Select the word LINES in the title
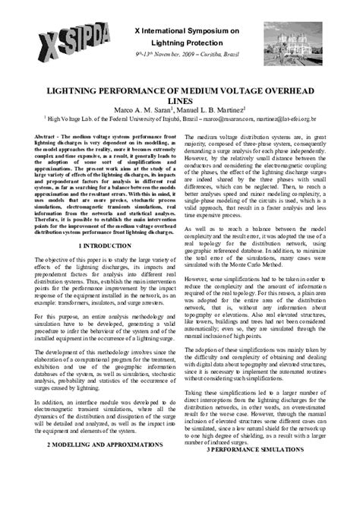pos(180,99)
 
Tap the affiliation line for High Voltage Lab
pos(180,119)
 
